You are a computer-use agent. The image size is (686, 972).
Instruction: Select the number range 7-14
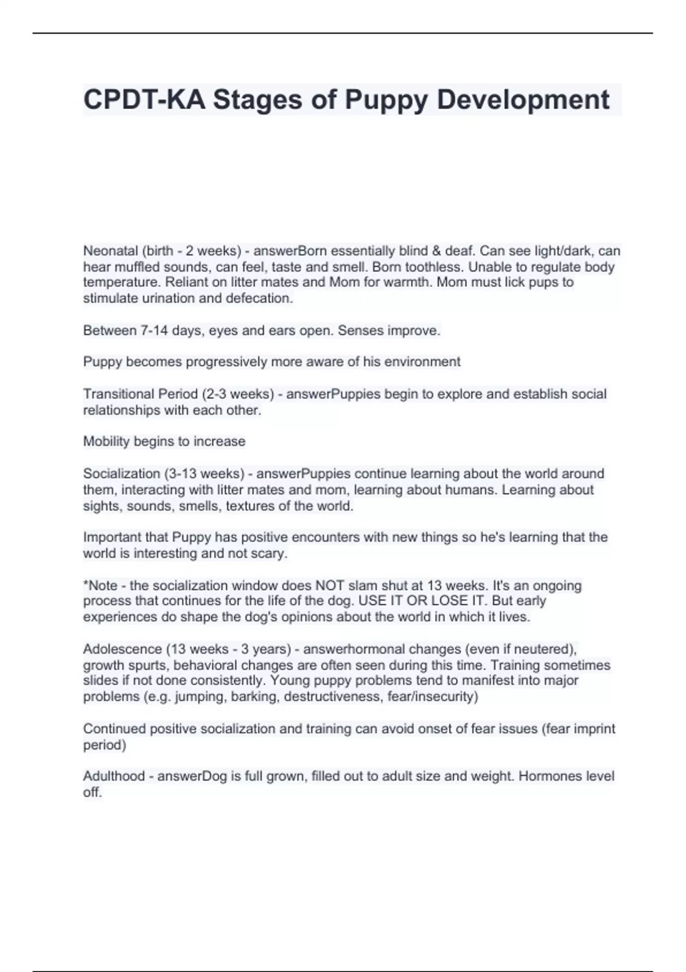click(151, 330)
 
